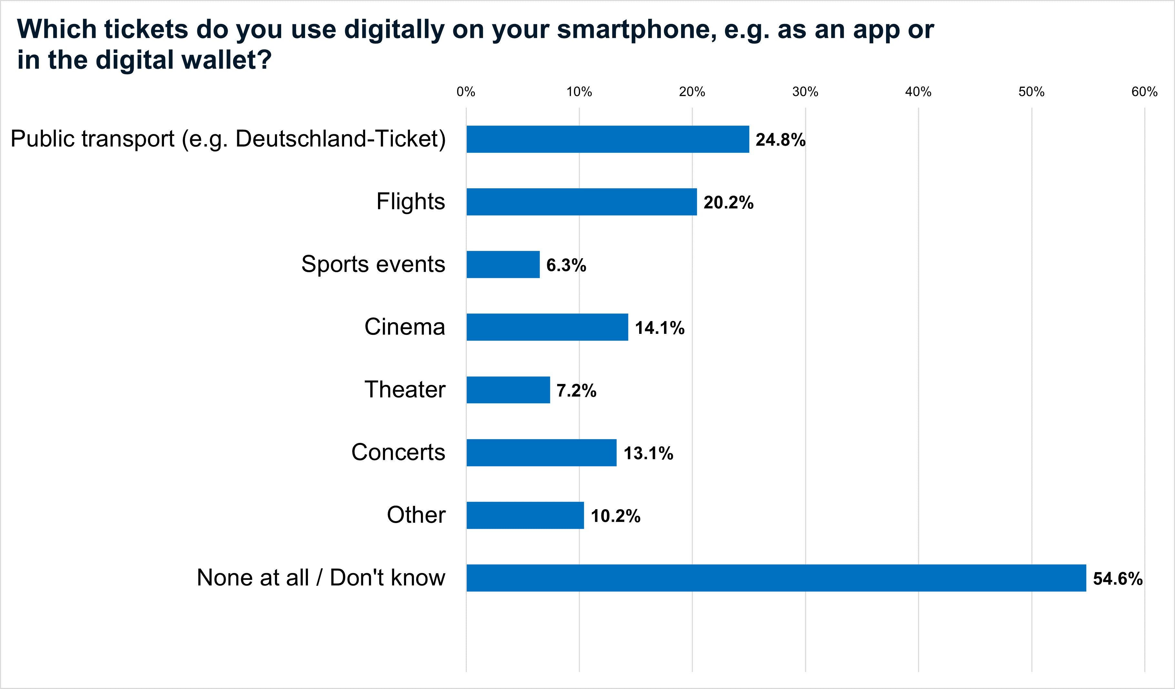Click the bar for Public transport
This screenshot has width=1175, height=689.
608,139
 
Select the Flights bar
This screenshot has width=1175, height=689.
581,202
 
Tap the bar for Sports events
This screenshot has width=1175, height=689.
503,264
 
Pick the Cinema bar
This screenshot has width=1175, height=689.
547,327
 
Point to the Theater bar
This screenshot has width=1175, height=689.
508,390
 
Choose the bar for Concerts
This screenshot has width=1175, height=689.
541,452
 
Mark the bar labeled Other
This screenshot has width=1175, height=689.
525,516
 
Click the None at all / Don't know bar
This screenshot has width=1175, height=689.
776,578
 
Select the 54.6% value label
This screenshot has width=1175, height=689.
1117,579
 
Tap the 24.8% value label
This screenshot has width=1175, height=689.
780,140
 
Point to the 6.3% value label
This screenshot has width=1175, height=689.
566,265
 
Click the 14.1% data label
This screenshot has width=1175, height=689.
659,328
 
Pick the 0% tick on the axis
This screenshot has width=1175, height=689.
466,92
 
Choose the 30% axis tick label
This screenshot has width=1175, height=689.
805,92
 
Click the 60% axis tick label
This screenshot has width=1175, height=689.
1144,92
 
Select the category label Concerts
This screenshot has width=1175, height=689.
398,452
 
